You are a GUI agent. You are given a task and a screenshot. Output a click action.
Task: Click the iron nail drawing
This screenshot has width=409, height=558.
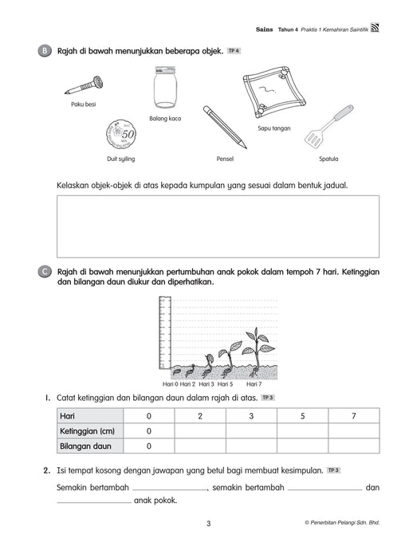85,85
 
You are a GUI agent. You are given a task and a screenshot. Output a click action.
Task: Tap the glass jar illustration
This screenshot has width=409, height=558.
165,87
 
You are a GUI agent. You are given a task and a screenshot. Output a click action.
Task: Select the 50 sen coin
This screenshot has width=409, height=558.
121,135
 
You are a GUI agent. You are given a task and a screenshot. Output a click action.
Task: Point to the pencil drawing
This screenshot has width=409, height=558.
224,127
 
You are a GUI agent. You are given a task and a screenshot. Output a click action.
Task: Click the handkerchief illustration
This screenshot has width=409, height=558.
274,92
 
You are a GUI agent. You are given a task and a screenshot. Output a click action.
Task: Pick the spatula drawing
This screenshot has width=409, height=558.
328,127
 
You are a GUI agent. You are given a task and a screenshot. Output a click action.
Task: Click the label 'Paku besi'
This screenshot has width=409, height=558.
83,104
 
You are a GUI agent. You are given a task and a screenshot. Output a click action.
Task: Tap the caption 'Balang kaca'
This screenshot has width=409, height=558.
165,119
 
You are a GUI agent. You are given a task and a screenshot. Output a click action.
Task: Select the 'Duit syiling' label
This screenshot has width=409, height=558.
121,159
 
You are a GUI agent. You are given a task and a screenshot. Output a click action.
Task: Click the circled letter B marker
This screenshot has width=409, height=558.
45,51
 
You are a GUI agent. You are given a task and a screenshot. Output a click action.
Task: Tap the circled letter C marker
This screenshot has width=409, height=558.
45,272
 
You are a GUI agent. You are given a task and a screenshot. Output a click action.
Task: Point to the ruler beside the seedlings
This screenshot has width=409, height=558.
164,332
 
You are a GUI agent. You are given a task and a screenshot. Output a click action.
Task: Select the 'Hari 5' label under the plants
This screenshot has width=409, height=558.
225,384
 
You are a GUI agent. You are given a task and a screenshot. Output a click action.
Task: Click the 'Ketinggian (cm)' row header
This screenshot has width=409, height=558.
87,431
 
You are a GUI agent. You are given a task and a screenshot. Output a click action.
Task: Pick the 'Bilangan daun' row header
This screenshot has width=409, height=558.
85,446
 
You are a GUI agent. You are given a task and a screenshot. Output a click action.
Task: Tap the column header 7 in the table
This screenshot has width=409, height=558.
354,416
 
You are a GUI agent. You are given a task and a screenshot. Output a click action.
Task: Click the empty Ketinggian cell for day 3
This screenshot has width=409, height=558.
251,431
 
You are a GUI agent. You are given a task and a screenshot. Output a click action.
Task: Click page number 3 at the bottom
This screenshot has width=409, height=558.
209,524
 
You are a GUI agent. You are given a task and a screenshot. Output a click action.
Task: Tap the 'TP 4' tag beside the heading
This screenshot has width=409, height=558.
234,51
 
